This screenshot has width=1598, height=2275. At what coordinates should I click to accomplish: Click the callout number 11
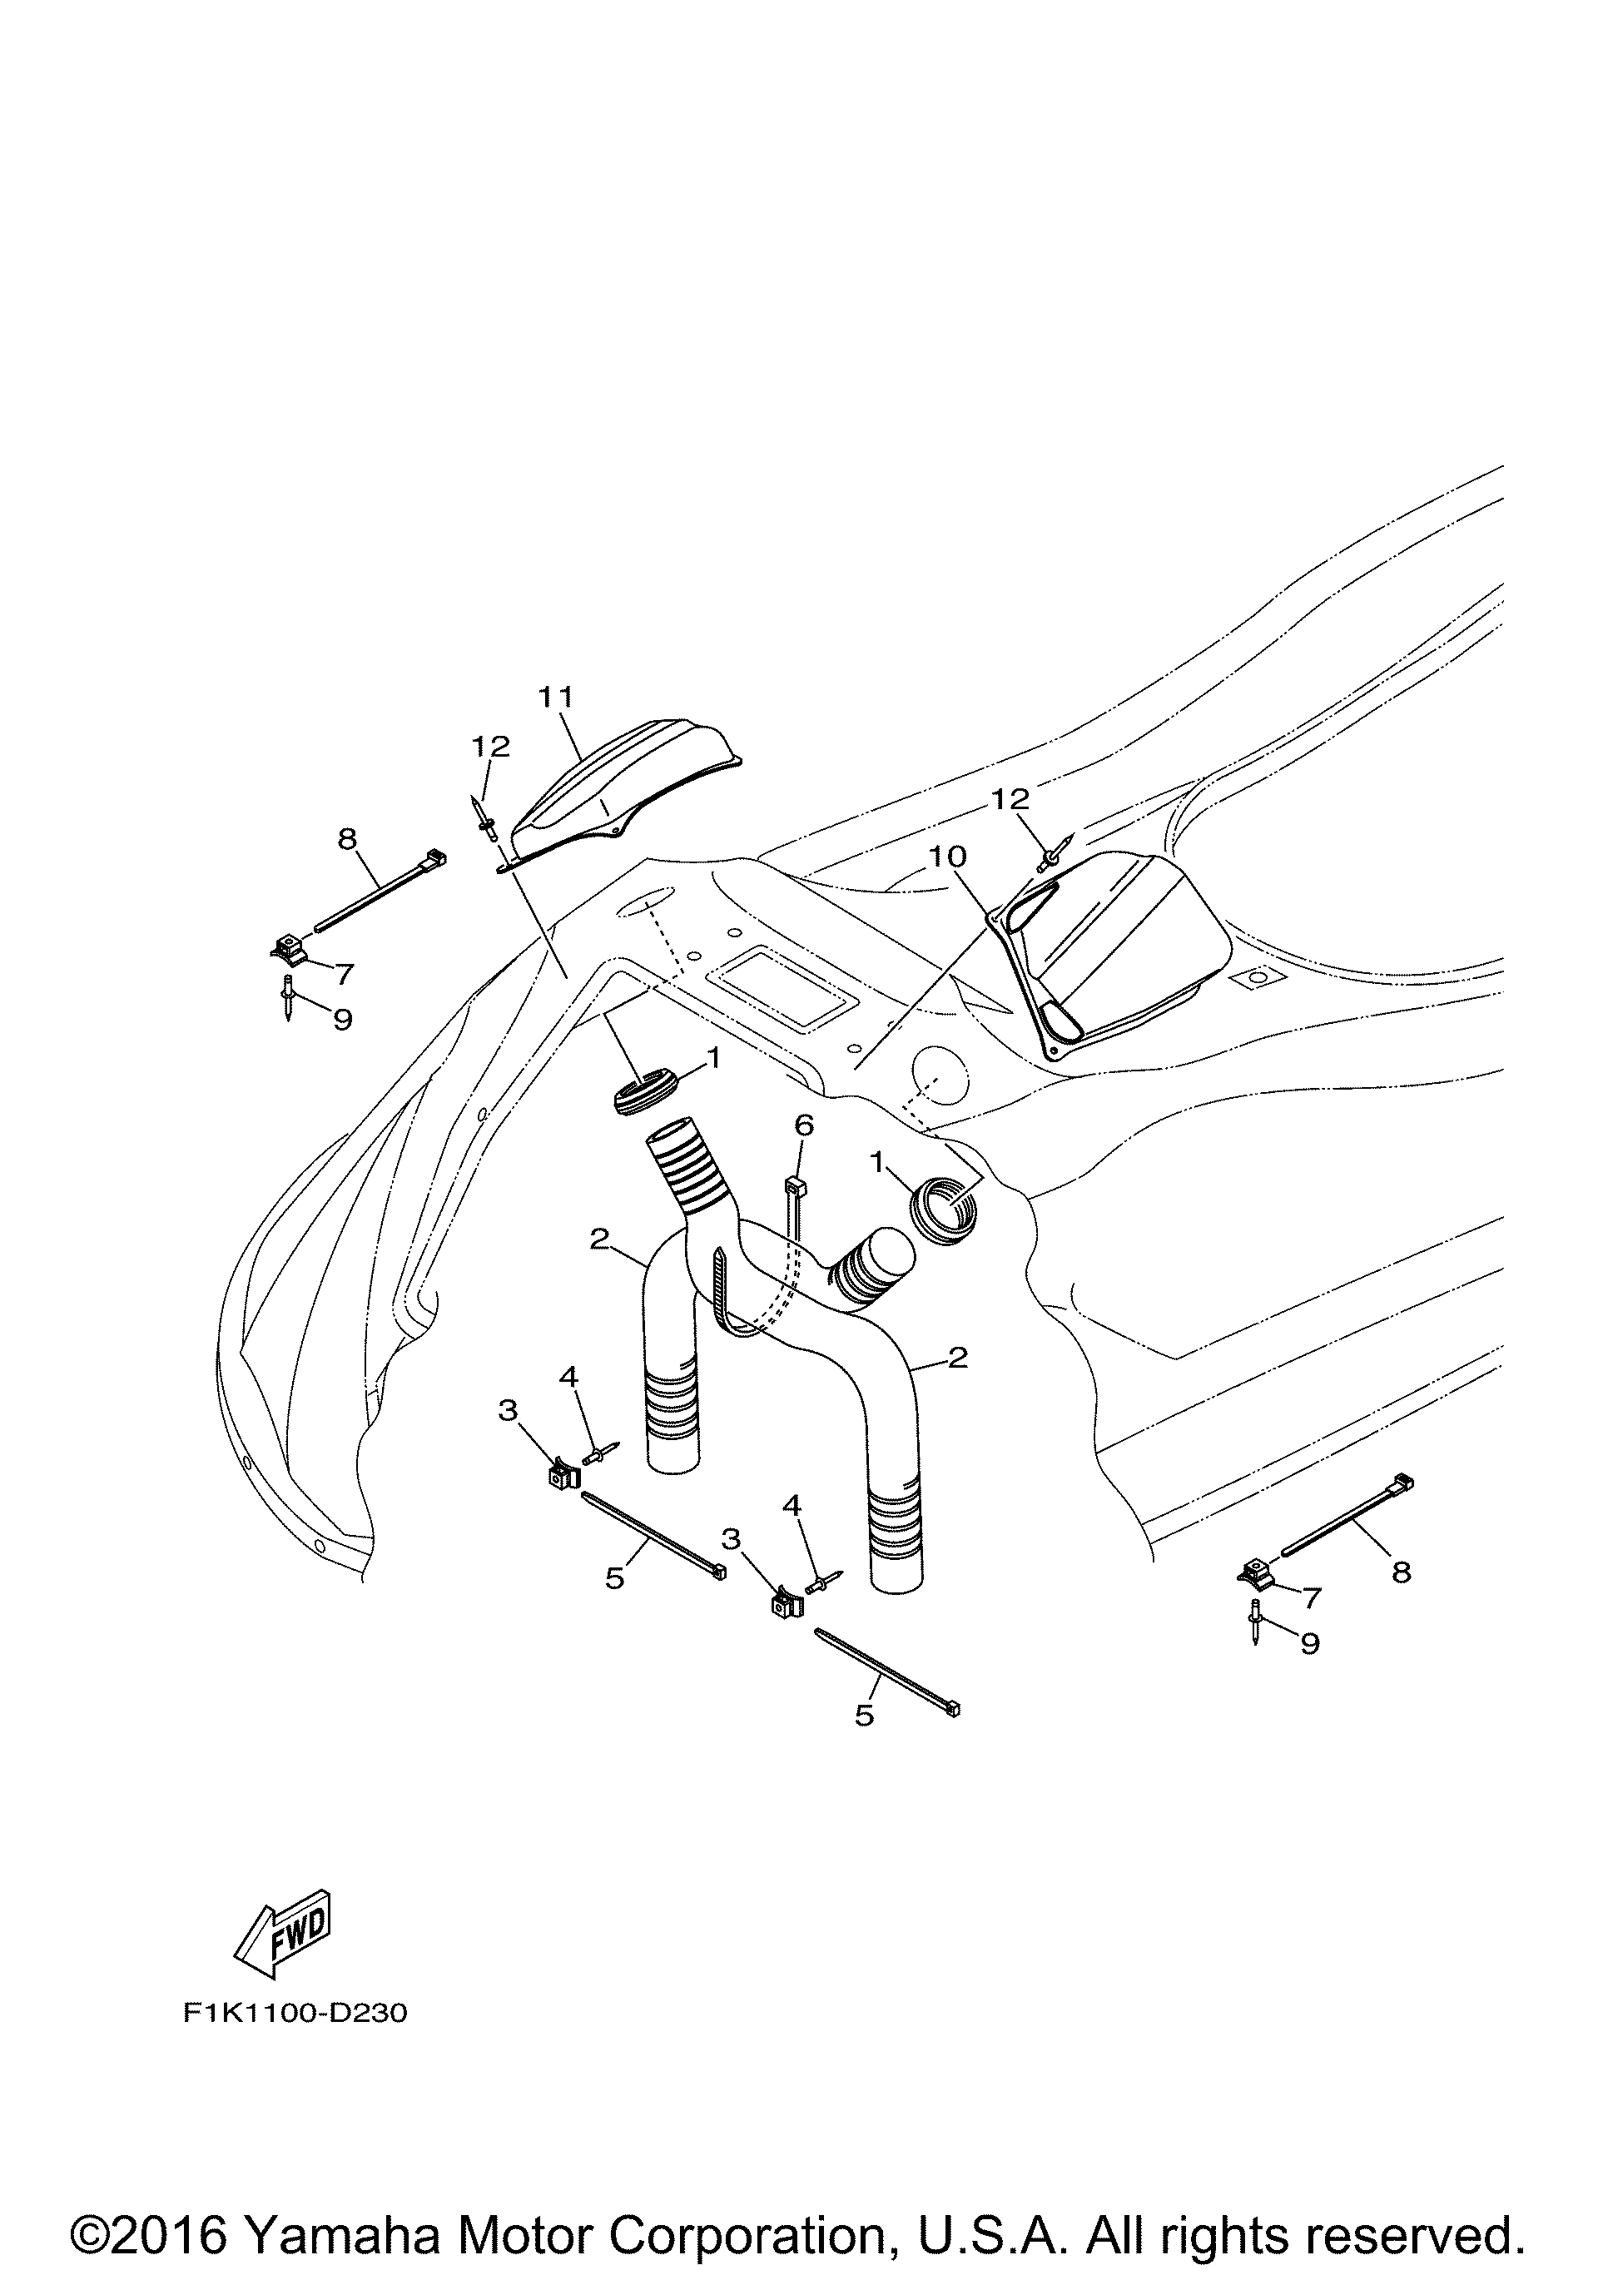pos(556,697)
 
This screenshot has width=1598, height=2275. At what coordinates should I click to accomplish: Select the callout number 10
pos(948,855)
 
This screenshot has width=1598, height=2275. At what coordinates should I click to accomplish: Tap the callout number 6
pos(803,1125)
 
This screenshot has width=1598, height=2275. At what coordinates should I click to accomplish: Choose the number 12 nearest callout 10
pos(1010,797)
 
